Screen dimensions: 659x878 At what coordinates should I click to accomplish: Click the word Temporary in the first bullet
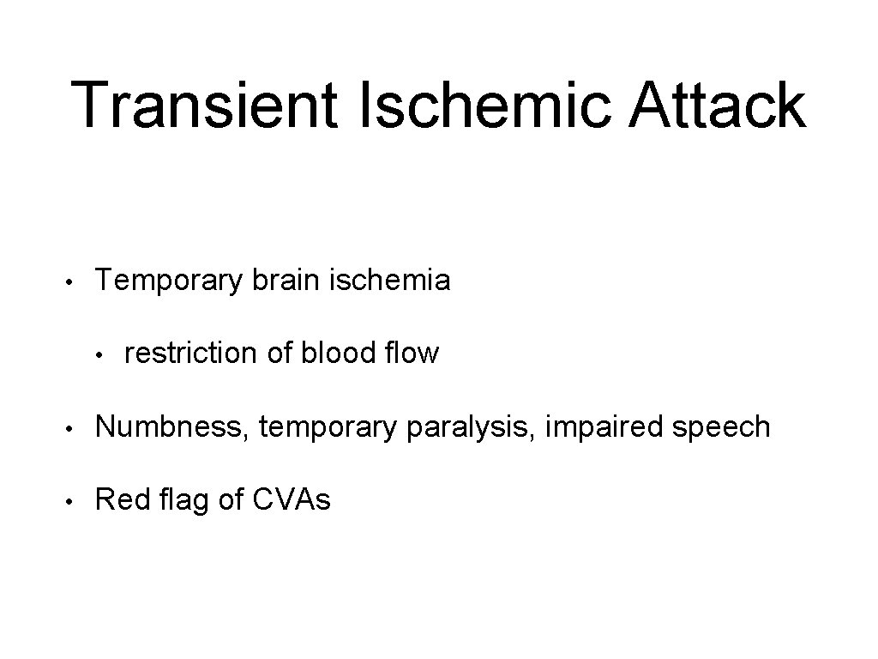click(x=169, y=281)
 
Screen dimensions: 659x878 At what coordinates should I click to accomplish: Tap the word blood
click(x=336, y=353)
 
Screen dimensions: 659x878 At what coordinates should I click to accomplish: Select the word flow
click(x=410, y=353)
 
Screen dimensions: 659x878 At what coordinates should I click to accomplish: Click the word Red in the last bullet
click(x=118, y=499)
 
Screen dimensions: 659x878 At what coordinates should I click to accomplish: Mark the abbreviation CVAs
click(x=292, y=499)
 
